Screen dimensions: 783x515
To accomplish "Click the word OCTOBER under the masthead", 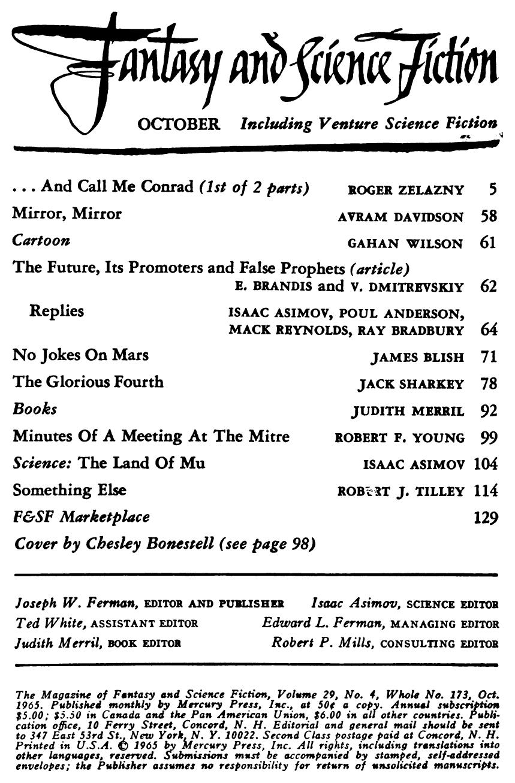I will (x=179, y=125).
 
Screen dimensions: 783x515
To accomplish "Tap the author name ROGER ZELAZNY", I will (x=405, y=191).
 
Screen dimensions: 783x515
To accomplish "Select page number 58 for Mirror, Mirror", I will (x=489, y=216).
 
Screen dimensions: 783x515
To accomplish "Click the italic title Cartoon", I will (x=41, y=241).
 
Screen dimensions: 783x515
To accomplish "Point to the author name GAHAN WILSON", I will (x=405, y=243).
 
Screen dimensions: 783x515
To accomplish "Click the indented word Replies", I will (x=56, y=312).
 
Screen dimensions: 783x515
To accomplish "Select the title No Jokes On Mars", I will (x=80, y=355).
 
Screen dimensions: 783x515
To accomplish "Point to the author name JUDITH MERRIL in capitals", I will (x=408, y=412).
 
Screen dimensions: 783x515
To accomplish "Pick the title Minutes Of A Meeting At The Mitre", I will (x=150, y=436).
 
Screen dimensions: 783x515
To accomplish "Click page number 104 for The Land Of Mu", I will (x=486, y=464).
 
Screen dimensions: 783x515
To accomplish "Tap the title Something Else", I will (x=69, y=490).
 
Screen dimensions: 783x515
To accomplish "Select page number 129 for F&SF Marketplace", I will (x=486, y=518).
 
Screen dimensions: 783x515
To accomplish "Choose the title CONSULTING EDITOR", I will (x=439, y=644).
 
